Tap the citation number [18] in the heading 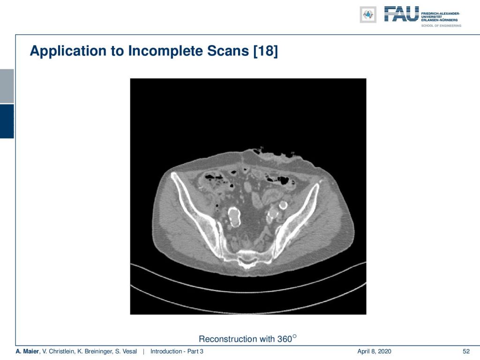(x=265, y=51)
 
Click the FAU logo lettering (x=401, y=14)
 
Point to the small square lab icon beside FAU (x=368, y=15)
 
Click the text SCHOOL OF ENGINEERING (x=441, y=26)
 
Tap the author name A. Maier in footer (x=27, y=352)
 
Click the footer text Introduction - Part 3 (x=177, y=352)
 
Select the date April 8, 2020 (x=374, y=352)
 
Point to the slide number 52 (x=466, y=352)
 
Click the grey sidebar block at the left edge (x=7, y=86)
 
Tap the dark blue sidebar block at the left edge (x=7, y=121)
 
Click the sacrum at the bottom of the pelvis (x=247, y=259)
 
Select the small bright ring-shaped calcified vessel (x=283, y=205)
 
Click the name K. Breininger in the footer (x=95, y=352)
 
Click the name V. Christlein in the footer (x=59, y=352)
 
